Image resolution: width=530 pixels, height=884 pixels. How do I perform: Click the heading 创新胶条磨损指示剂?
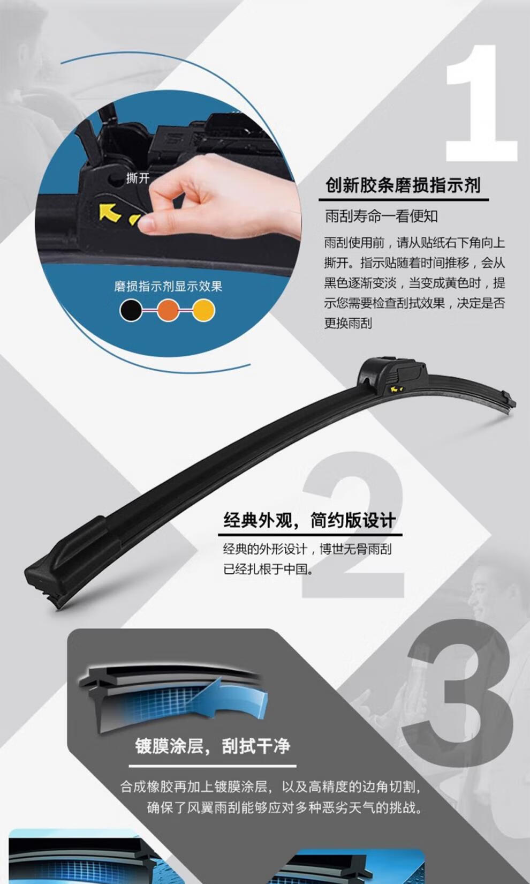tap(403, 185)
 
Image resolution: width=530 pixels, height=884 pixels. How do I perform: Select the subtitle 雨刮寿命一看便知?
tap(381, 216)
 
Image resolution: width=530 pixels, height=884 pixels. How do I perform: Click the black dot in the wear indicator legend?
tap(131, 310)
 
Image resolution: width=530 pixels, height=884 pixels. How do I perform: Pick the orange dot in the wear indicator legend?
tap(168, 310)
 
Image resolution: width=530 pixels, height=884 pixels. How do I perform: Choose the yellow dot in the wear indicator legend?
tap(203, 310)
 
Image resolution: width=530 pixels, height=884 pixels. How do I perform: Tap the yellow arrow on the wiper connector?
tap(110, 212)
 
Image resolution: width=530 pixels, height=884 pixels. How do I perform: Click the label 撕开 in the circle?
tap(138, 178)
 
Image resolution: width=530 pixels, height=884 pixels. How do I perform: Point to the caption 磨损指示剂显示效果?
tap(169, 286)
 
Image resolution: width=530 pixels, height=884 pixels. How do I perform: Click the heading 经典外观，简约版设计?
tap(309, 520)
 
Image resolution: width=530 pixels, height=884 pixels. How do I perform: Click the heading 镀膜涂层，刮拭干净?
tap(213, 746)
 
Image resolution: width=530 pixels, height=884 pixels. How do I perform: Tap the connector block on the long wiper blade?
tap(392, 375)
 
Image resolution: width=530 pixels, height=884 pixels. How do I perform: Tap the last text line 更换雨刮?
tap(348, 323)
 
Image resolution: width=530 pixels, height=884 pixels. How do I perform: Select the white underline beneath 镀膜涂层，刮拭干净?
tap(213, 766)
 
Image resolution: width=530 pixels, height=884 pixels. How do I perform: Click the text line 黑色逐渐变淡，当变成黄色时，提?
tap(414, 283)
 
